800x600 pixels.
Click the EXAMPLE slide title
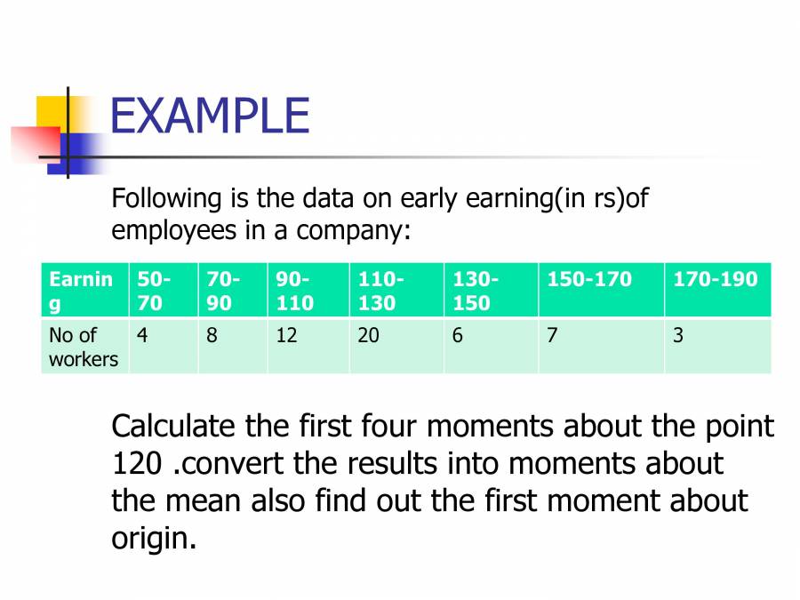pyautogui.click(x=210, y=116)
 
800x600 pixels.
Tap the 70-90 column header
pyautogui.click(x=222, y=291)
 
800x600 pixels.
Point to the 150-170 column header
pyautogui.click(x=589, y=279)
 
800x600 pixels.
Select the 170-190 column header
pyautogui.click(x=716, y=279)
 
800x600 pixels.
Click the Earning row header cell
pyautogui.click(x=81, y=291)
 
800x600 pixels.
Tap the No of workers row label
pyautogui.click(x=84, y=347)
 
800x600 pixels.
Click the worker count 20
pyautogui.click(x=368, y=336)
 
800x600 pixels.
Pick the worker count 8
pyautogui.click(x=212, y=336)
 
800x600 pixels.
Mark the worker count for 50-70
pyautogui.click(x=142, y=336)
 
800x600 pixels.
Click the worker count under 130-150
pyautogui.click(x=458, y=336)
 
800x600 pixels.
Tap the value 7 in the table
pyautogui.click(x=552, y=336)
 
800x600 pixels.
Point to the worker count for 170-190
pyautogui.click(x=678, y=336)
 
